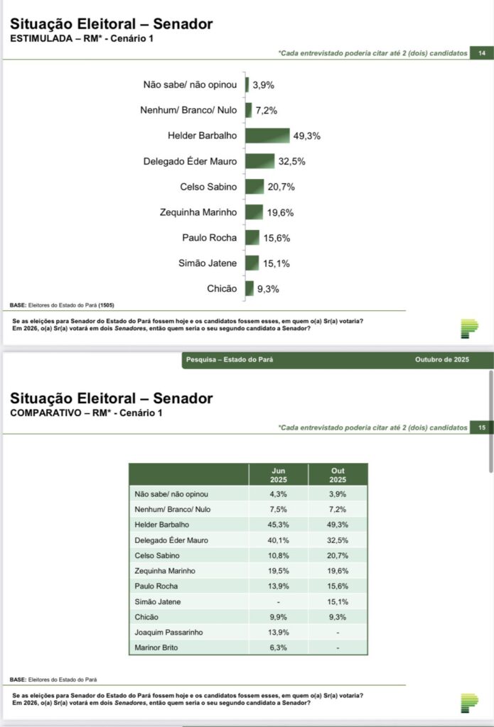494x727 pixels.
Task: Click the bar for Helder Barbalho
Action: click(268, 136)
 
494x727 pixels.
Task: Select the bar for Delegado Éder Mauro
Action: click(260, 161)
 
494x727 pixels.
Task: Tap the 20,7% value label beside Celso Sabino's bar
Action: click(281, 187)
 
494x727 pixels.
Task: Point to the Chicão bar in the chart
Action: click(249, 288)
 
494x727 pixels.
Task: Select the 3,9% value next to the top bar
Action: click(263, 85)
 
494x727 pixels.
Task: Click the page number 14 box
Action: click(482, 53)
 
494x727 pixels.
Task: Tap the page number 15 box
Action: click(482, 427)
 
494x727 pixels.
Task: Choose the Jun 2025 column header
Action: click(279, 475)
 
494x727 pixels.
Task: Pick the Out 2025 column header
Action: click(338, 475)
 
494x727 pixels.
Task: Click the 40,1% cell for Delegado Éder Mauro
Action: click(279, 540)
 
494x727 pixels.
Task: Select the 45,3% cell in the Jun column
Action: click(279, 525)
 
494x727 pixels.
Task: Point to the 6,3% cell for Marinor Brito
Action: click(279, 648)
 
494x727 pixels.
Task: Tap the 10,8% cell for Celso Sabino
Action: click(279, 555)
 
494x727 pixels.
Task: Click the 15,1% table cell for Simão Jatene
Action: click(338, 602)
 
